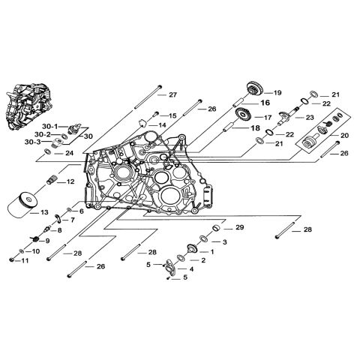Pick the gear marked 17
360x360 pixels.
point(242,116)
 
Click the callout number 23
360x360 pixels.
point(310,117)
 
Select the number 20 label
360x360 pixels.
point(344,135)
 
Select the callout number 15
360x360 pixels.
point(172,115)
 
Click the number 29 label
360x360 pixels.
point(239,227)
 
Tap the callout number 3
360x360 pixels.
point(224,242)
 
